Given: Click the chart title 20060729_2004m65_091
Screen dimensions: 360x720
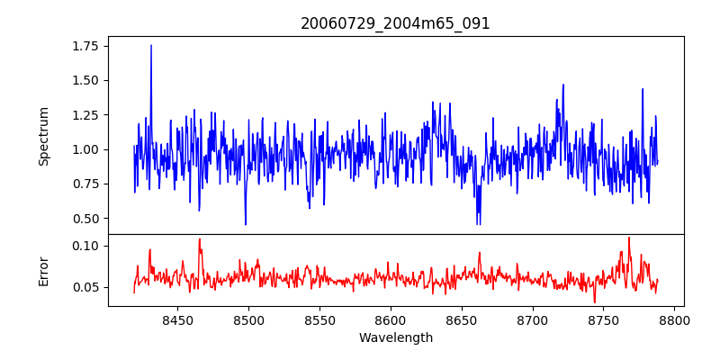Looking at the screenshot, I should click(395, 23).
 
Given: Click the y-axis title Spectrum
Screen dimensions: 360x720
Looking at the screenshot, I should click(43, 136).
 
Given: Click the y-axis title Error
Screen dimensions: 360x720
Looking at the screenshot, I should click(43, 270).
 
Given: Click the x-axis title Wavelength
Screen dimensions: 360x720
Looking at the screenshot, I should click(395, 338).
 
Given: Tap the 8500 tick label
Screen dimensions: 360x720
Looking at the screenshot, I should click(248, 319).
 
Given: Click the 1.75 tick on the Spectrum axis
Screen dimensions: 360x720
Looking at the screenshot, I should click(87, 45).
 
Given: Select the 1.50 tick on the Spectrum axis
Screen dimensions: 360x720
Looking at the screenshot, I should click(87, 80).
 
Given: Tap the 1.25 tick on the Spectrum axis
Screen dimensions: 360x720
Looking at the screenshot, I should click(87, 114).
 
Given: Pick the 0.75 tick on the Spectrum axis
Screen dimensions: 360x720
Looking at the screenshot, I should click(87, 184).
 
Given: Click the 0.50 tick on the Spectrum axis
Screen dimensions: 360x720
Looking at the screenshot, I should click(87, 219).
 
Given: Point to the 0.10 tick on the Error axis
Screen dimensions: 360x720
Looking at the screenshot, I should click(87, 246).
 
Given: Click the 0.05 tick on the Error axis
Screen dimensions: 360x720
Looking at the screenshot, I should click(87, 287).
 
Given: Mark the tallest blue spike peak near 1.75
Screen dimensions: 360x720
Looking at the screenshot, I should click(151, 45).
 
